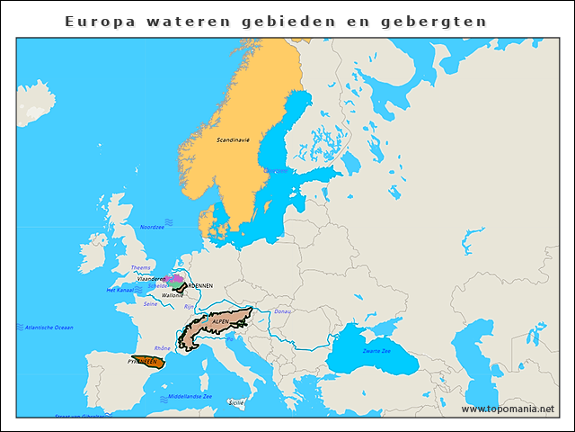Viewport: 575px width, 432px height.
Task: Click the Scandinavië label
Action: click(x=233, y=140)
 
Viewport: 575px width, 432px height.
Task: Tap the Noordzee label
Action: click(x=153, y=227)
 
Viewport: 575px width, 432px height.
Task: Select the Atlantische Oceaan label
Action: click(x=49, y=328)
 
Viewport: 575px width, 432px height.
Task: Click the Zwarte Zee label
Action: click(x=377, y=350)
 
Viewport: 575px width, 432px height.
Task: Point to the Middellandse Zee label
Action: click(x=190, y=396)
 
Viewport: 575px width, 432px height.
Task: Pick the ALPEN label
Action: click(x=220, y=320)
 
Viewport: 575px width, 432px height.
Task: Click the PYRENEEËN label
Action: click(x=143, y=362)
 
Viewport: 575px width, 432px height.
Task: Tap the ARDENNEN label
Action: click(x=196, y=286)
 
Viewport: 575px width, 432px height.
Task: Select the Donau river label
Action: click(x=282, y=311)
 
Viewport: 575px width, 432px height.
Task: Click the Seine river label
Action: click(x=151, y=303)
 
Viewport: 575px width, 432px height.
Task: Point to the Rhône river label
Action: click(x=163, y=347)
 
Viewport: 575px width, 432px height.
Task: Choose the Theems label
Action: click(x=141, y=267)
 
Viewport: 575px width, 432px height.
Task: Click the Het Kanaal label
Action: click(x=119, y=290)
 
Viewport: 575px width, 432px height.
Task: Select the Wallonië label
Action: click(x=172, y=295)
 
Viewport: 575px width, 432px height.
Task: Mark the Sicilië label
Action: click(x=236, y=402)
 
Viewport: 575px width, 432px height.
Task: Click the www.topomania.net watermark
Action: click(x=508, y=409)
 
